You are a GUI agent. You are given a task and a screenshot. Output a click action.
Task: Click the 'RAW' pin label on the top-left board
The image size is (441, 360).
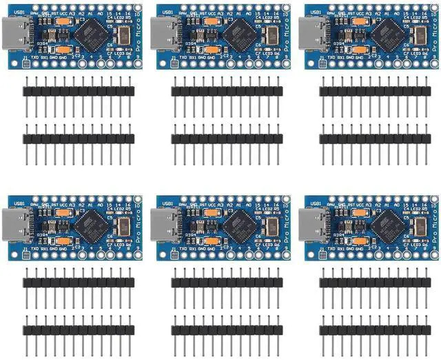click(x=35, y=12)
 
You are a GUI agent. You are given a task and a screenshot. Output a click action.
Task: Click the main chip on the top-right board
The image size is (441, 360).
click(x=389, y=32)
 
